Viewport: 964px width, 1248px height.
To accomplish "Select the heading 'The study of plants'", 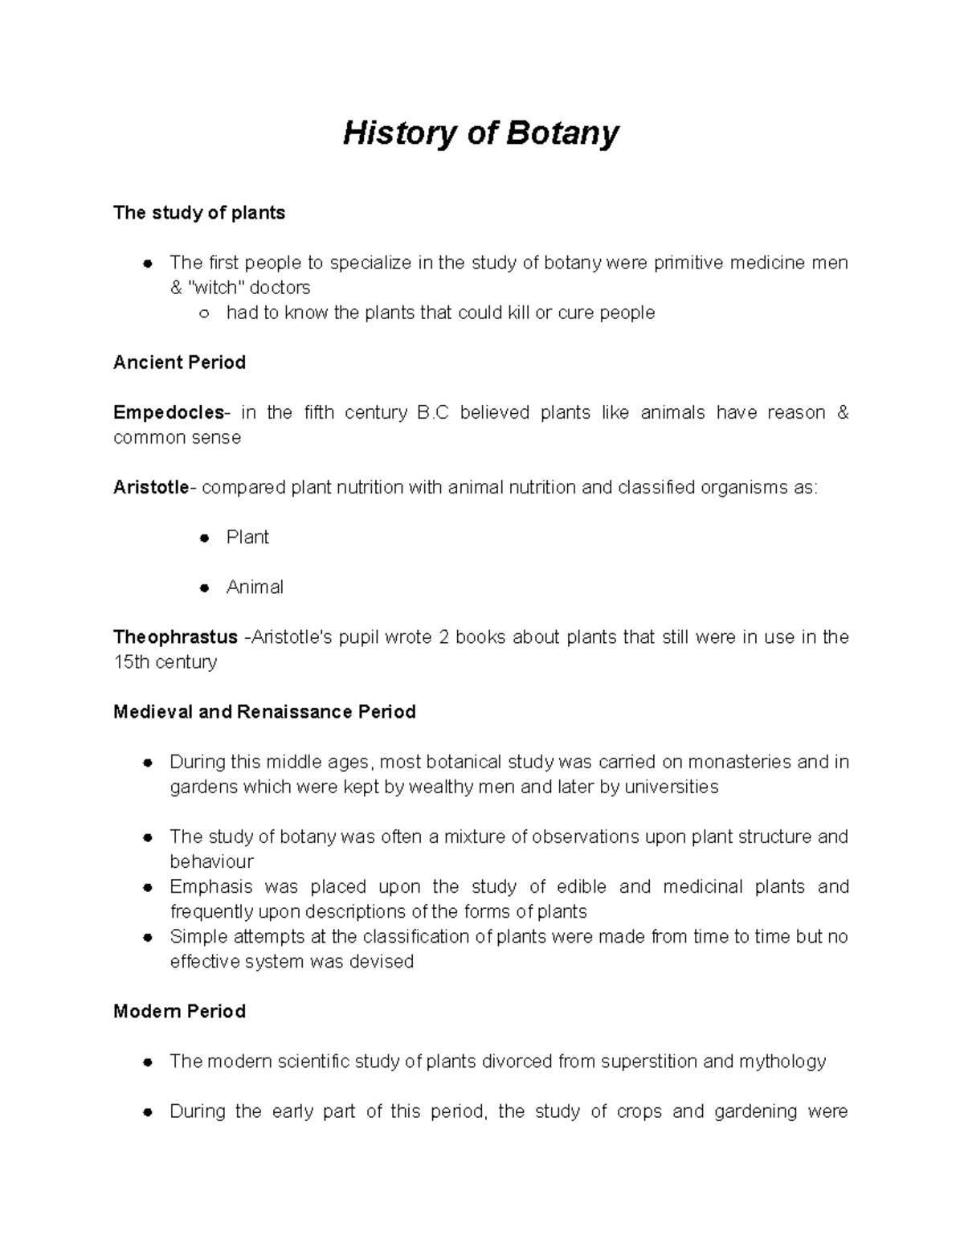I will click(199, 213).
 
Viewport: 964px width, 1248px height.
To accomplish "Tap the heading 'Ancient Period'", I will click(179, 362).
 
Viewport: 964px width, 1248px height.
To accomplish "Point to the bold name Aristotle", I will click(151, 487).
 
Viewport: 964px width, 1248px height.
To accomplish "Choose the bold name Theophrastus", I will click(175, 637).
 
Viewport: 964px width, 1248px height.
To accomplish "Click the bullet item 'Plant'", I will click(247, 537).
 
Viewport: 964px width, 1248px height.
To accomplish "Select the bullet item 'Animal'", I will click(255, 587).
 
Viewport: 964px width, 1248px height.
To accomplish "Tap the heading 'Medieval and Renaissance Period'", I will click(264, 712).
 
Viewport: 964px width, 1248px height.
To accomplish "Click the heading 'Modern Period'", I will click(179, 1011).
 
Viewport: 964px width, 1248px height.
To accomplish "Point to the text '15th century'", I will click(165, 662).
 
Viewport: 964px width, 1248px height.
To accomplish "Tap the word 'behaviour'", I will click(211, 861).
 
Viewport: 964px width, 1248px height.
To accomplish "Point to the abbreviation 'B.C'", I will click(433, 412).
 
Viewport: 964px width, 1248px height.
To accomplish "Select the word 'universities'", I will click(672, 787).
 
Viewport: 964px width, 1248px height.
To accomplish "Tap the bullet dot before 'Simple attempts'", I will click(147, 938).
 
